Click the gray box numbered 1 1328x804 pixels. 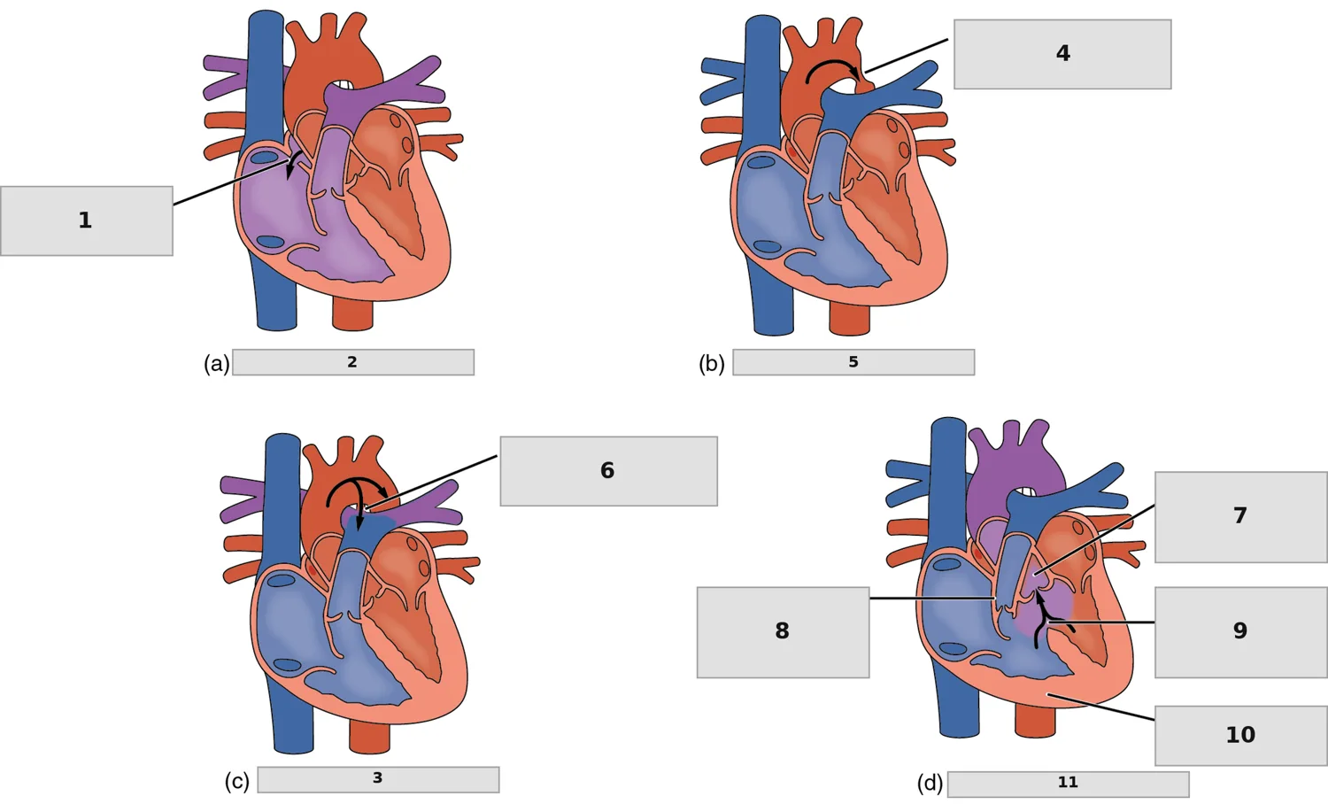tap(87, 221)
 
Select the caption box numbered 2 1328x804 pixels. tap(352, 362)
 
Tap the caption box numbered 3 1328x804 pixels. tap(378, 780)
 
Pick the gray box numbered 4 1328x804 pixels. tap(1062, 54)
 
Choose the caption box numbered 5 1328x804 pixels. tap(853, 362)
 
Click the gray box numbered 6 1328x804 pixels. tap(609, 471)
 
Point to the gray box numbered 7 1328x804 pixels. tap(1241, 517)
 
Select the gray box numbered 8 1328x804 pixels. tap(784, 632)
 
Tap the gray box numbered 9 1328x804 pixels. tap(1241, 632)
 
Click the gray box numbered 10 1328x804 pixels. tap(1241, 736)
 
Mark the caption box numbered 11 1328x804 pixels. tap(1069, 785)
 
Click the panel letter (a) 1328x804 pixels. tap(216, 363)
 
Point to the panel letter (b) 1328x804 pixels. tap(712, 363)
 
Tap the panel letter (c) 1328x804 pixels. tap(237, 781)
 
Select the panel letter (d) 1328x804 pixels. tap(930, 784)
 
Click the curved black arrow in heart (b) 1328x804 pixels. tap(832, 60)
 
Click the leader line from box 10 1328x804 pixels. tap(1100, 707)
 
